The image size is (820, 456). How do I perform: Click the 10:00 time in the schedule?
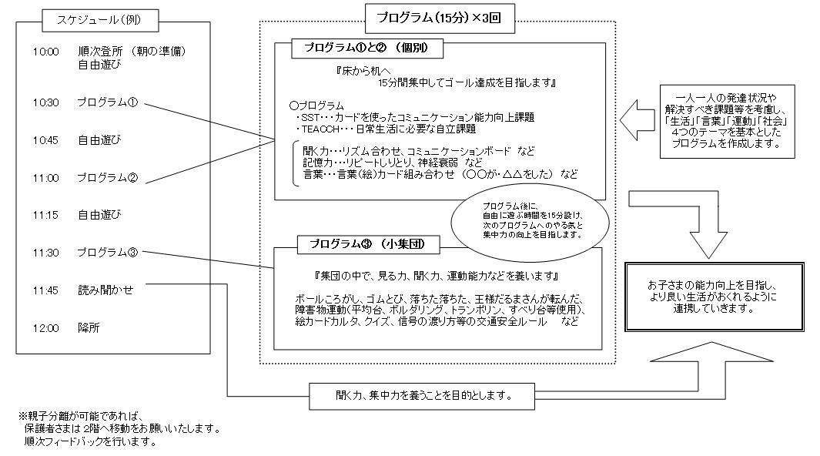[45, 52]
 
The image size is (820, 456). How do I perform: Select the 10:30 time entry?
[45, 102]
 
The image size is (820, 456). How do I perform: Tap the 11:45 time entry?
[45, 290]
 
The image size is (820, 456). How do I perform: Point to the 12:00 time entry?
[45, 328]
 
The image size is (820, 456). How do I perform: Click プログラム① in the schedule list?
[107, 102]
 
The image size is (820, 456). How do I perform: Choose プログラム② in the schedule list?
[107, 178]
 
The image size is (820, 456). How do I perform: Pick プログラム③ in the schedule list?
[107, 253]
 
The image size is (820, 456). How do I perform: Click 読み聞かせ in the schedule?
[105, 290]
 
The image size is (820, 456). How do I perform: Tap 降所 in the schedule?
[89, 328]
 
